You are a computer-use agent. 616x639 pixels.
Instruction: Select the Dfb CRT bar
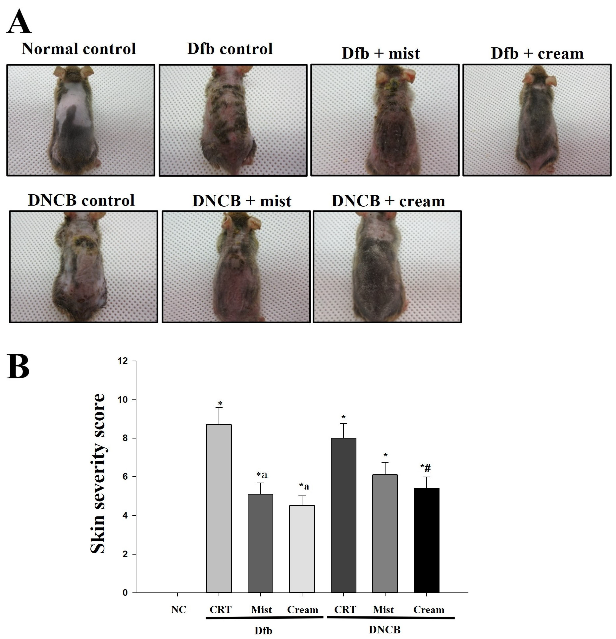tap(219, 509)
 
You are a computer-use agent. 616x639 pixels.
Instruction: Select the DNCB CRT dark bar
tap(343, 515)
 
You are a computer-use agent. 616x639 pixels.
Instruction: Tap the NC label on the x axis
tap(179, 610)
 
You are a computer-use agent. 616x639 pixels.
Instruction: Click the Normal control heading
tap(78, 49)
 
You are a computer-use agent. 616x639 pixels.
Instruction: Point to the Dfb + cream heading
tap(537, 53)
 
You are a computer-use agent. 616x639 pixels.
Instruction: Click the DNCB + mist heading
tap(241, 201)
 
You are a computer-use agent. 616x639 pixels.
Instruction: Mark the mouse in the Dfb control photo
tap(228, 121)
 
